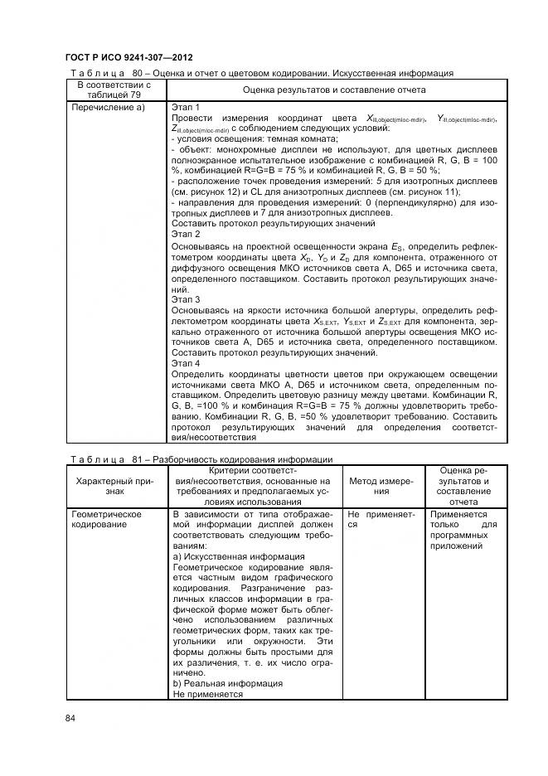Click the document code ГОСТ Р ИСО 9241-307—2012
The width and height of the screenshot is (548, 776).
tap(129, 57)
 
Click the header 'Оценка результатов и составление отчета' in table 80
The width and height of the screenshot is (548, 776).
tap(333, 90)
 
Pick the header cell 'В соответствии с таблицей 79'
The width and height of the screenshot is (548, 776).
tap(114, 90)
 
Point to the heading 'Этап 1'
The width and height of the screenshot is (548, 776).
tap(186, 108)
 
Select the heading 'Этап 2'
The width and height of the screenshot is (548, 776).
tap(186, 235)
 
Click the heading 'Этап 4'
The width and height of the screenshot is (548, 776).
tap(186, 362)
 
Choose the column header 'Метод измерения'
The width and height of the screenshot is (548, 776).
tap(381, 487)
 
